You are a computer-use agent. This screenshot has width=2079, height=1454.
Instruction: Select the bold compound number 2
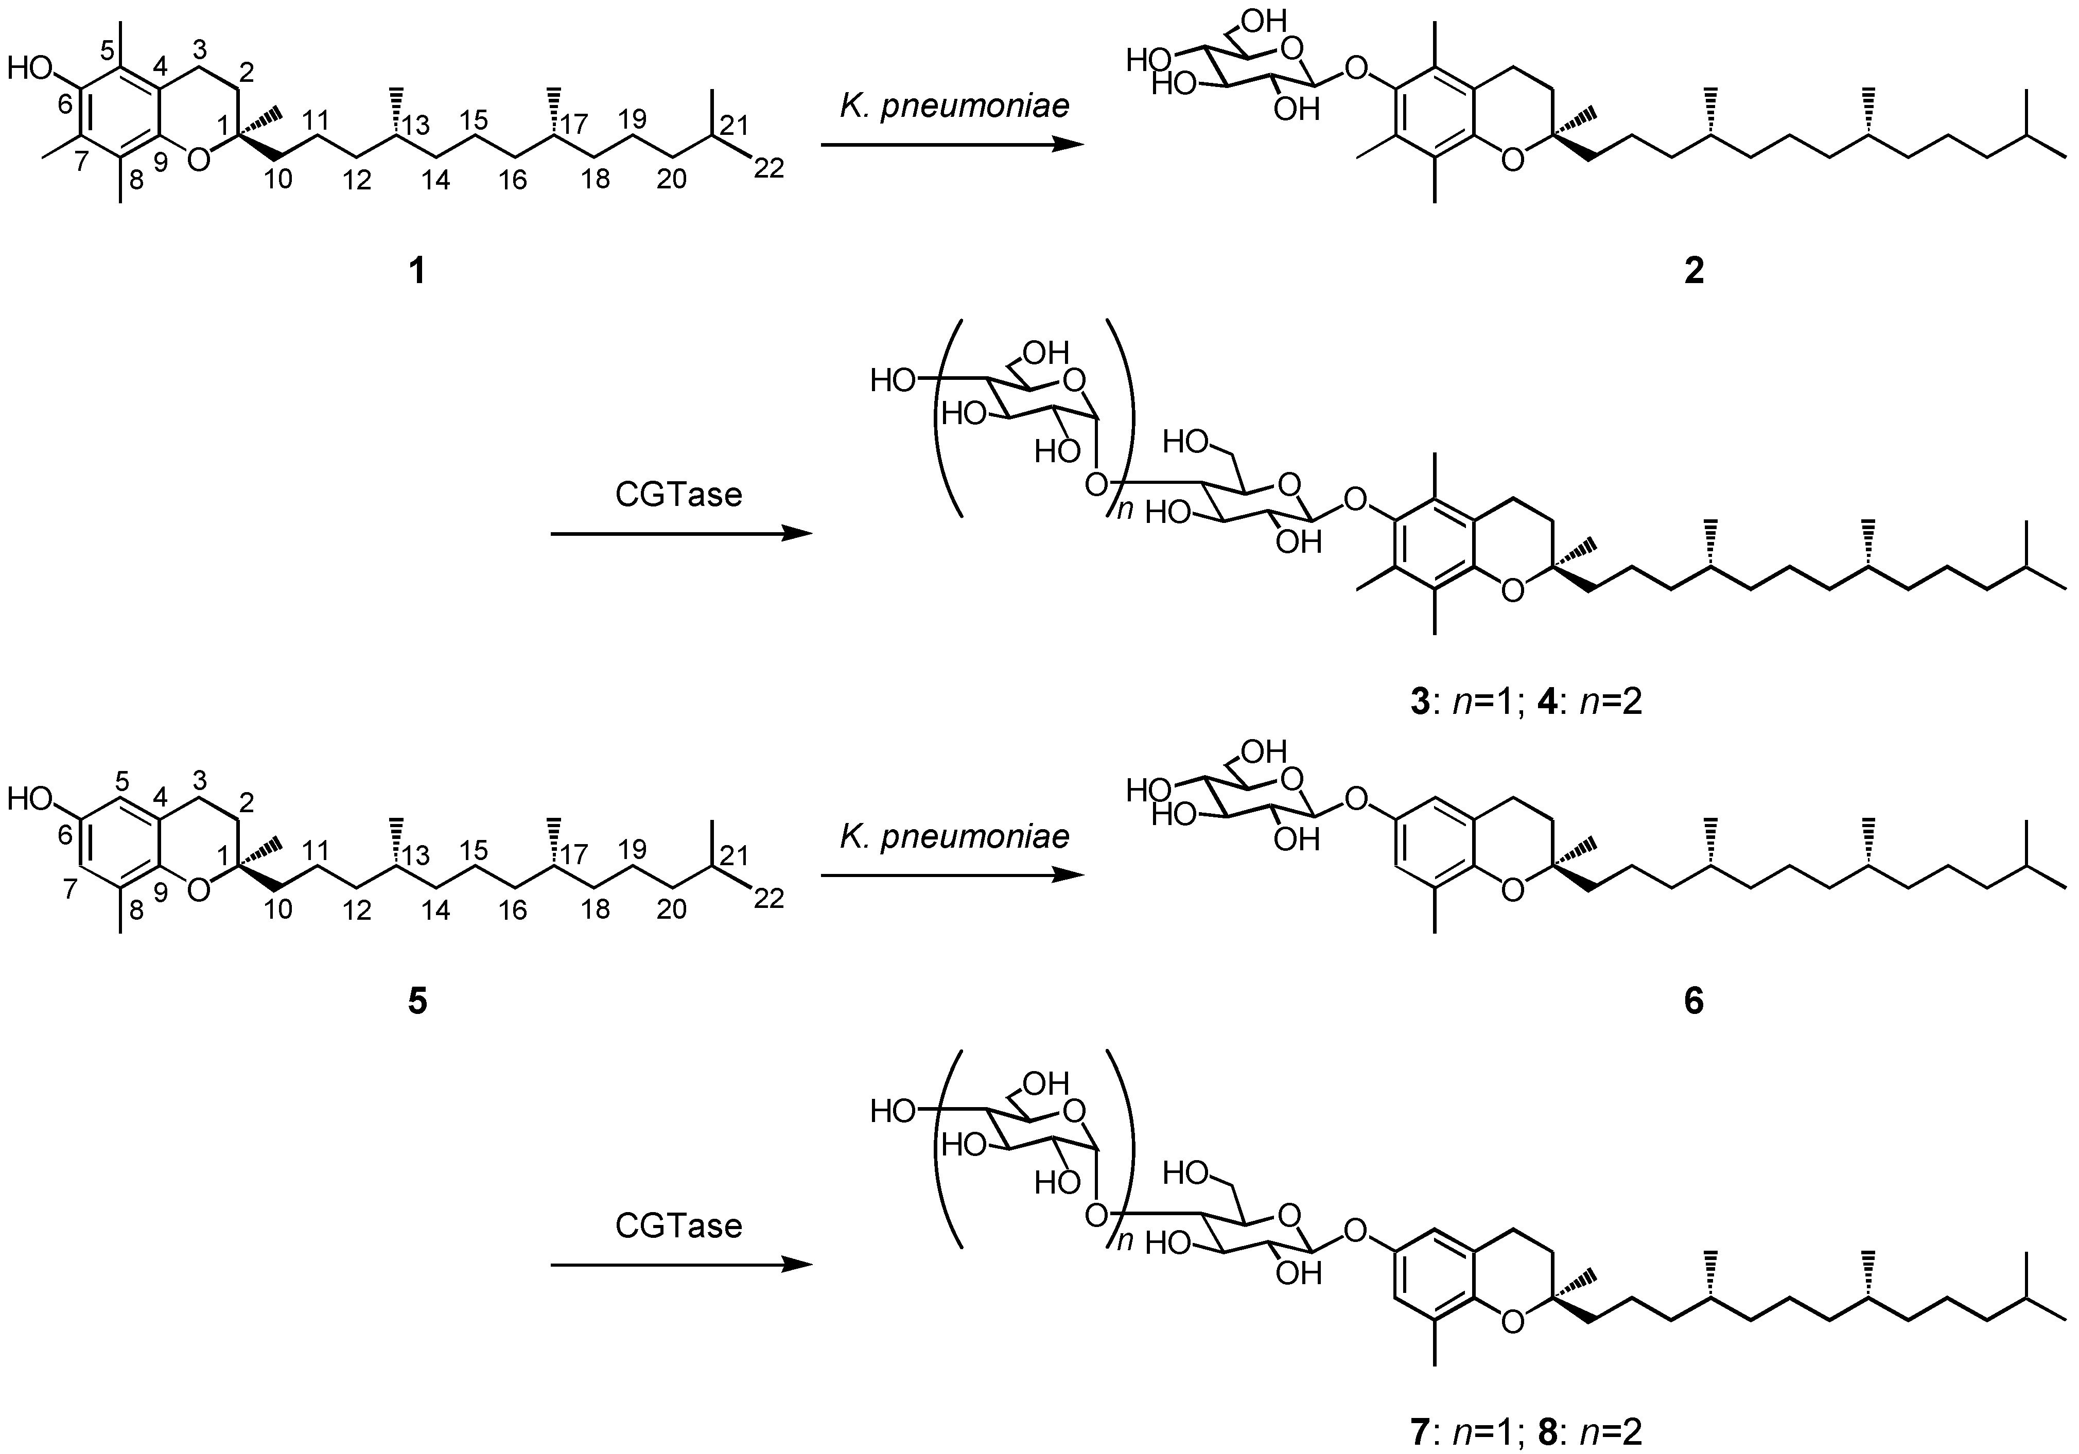point(1693,270)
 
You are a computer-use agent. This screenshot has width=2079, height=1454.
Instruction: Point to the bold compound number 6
point(1693,1001)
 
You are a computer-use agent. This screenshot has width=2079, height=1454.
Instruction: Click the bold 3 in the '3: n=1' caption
point(1419,702)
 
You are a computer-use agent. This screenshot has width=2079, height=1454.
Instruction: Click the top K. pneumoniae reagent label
point(953,106)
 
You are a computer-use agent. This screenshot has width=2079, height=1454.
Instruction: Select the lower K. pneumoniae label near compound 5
point(953,836)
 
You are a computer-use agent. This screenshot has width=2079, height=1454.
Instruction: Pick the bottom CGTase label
point(678,1226)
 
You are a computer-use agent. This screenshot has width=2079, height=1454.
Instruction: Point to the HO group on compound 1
point(31,68)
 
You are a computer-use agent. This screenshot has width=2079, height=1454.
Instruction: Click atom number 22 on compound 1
point(769,168)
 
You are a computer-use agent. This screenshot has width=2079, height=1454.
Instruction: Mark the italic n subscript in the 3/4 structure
point(1124,511)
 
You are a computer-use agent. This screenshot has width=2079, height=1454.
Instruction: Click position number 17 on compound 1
point(573,124)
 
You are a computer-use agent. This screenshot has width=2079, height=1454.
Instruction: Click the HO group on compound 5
point(31,798)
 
